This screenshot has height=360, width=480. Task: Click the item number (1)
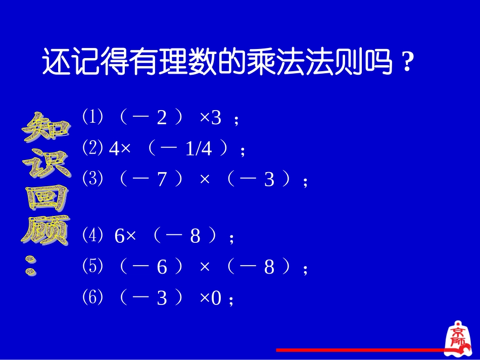click(92, 117)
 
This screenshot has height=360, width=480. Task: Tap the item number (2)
click(92, 147)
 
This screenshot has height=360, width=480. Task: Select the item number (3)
click(92, 178)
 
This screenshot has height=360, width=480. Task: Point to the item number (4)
click(92, 235)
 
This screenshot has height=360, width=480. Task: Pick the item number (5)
click(92, 266)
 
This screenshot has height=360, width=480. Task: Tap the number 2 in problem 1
click(162, 119)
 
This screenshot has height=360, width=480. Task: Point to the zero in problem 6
click(216, 299)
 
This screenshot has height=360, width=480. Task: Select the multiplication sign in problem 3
click(205, 180)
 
